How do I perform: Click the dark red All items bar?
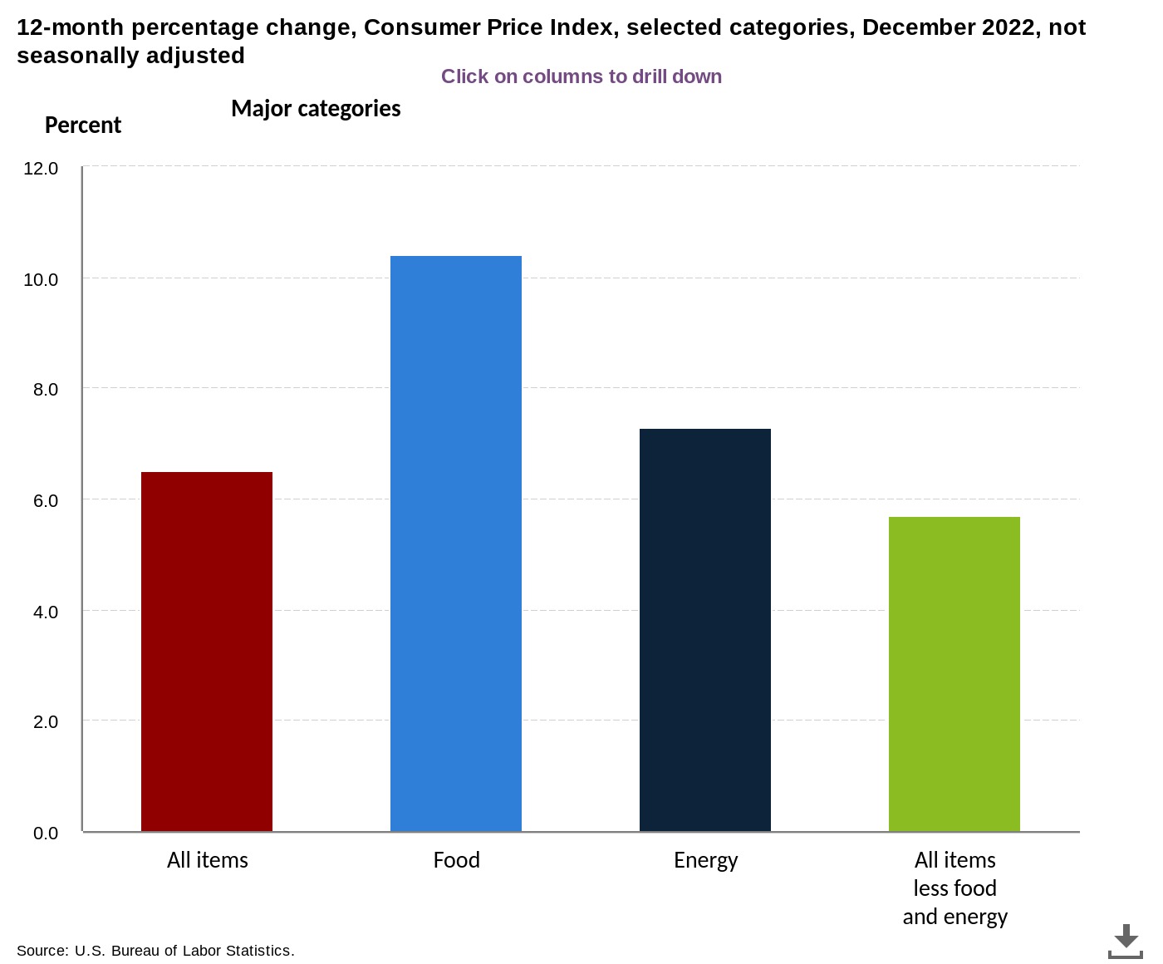coord(207,652)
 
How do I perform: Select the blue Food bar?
coord(456,543)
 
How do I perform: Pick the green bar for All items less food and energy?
coord(954,674)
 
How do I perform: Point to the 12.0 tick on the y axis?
coord(41,169)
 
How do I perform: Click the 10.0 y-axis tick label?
coord(41,280)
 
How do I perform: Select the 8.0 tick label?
coord(45,390)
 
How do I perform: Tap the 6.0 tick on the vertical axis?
coord(45,501)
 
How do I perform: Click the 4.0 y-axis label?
coord(45,612)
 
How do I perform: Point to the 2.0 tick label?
coord(45,722)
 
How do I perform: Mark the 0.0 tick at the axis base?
coord(45,834)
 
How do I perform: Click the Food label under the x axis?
coord(456,860)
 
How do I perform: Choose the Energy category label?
coord(705,860)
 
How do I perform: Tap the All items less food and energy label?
coord(954,888)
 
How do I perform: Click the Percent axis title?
coord(82,125)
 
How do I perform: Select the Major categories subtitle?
coord(316,109)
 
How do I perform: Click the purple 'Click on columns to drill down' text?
coord(581,76)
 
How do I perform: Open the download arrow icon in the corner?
coord(1126,941)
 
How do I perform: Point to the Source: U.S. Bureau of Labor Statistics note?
coord(155,951)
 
